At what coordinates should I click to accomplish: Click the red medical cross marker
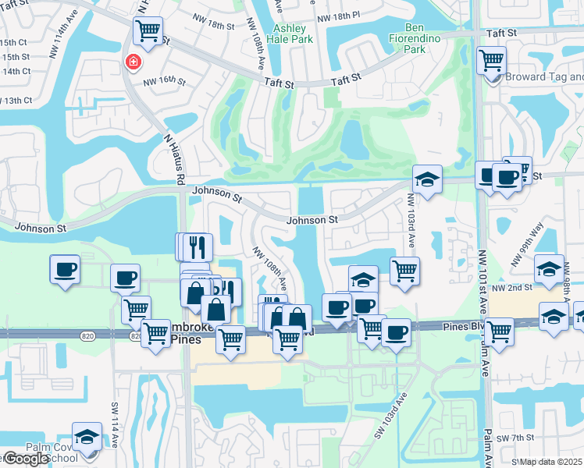133,62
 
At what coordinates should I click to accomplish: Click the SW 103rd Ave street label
390,414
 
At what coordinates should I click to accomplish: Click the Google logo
26,459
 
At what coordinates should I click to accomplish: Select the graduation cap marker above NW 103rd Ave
427,179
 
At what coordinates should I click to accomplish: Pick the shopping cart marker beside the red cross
147,31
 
